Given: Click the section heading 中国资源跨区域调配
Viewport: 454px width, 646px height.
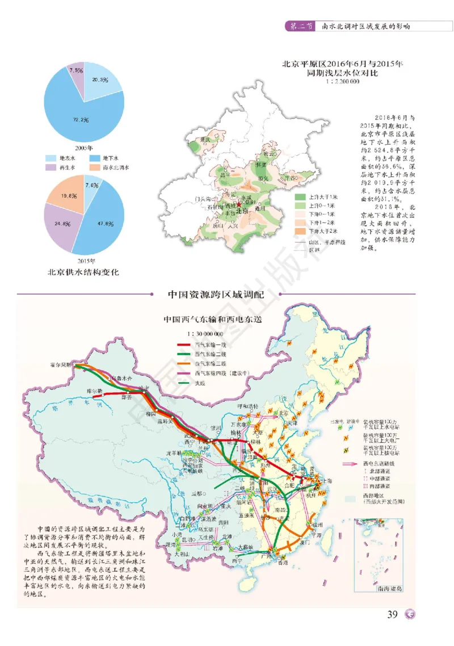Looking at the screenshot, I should tap(216, 295).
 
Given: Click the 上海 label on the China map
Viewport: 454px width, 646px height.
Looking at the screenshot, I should tap(325, 480).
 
